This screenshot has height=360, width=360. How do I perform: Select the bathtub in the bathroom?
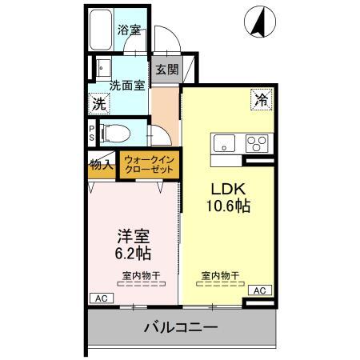(x=100, y=30)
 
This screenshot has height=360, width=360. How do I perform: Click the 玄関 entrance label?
(x=166, y=70)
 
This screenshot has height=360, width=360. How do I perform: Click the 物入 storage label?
(x=101, y=166)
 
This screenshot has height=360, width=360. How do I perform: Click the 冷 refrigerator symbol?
(x=261, y=100)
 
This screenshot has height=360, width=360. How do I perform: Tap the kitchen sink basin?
(x=223, y=143)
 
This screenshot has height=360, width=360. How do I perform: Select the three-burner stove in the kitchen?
(x=258, y=144)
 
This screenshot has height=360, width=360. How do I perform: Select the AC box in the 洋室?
(x=102, y=298)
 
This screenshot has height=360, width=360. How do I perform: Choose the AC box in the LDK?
(x=258, y=290)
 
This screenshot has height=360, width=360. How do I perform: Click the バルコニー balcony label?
(x=181, y=327)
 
